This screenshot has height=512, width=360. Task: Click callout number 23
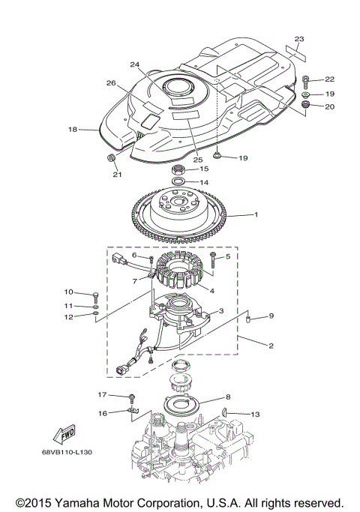tap(299, 37)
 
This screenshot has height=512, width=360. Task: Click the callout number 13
tap(255, 413)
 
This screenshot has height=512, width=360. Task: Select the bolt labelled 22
tap(307, 79)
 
